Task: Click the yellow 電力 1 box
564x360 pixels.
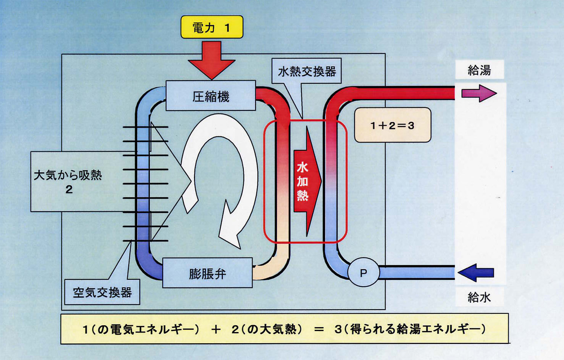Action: [212, 27]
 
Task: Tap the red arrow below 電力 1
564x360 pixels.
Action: [211, 59]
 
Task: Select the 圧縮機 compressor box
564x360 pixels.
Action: [211, 96]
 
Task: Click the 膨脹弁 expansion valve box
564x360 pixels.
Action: [207, 273]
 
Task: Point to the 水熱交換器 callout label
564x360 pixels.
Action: [306, 71]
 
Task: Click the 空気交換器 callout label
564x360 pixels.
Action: [102, 292]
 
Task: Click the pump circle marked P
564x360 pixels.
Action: [363, 272]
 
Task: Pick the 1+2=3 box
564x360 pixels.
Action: [392, 125]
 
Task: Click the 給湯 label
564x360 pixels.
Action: [479, 70]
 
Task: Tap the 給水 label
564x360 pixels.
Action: [479, 297]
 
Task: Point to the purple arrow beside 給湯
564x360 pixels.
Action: [479, 93]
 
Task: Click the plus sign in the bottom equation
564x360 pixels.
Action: [216, 329]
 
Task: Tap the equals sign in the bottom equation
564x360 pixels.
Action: [319, 329]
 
